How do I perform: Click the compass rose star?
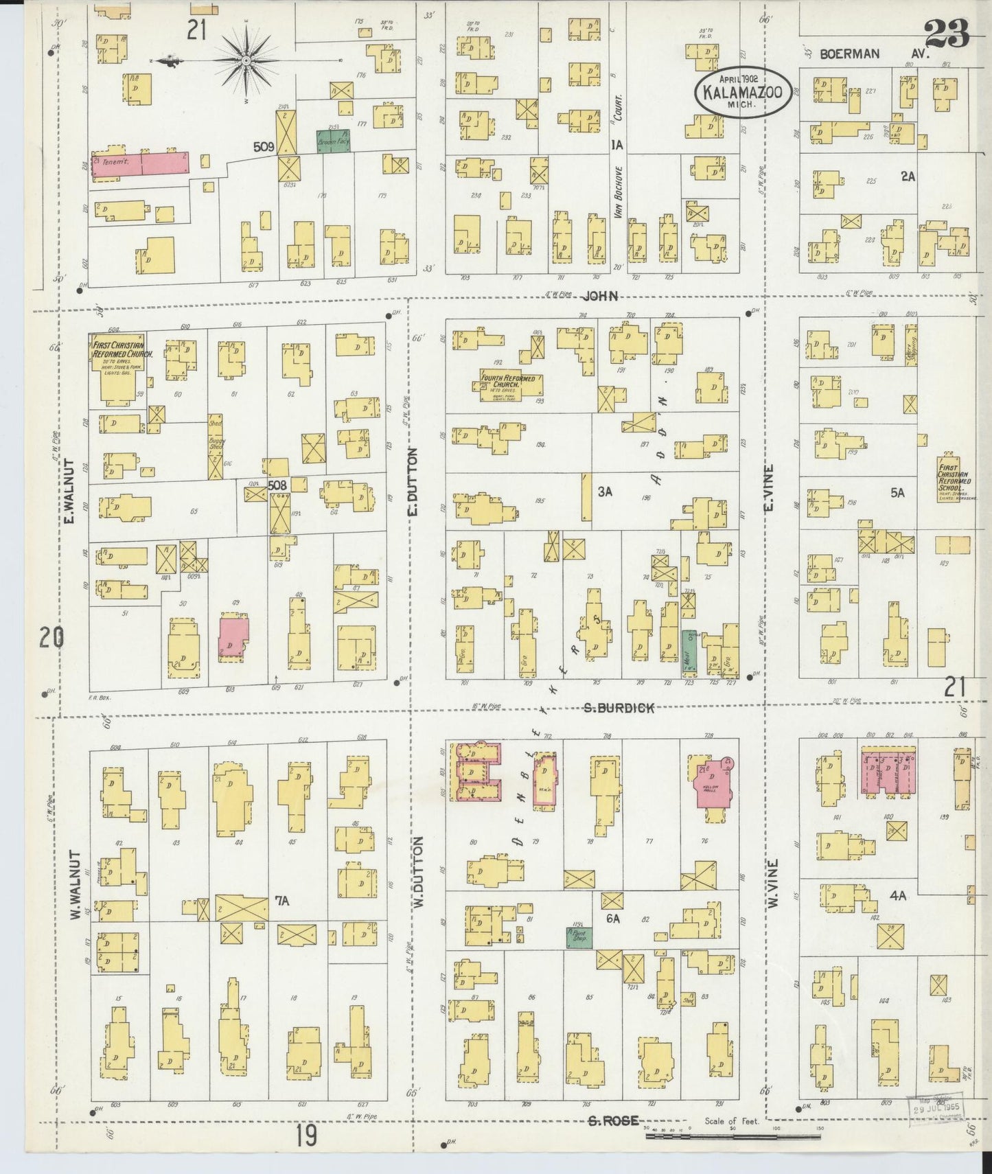[x=245, y=61]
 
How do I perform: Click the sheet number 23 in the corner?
[x=946, y=31]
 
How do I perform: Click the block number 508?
[x=277, y=485]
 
